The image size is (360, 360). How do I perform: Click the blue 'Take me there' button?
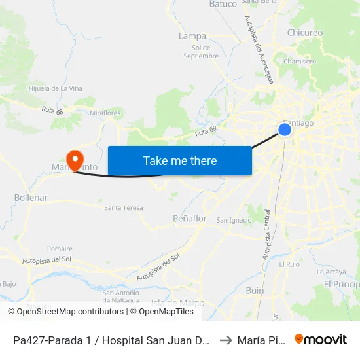coord(179,160)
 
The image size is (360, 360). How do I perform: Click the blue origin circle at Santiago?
coord(285,130)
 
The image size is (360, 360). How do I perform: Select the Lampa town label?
coord(192,36)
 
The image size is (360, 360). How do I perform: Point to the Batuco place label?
coord(223,4)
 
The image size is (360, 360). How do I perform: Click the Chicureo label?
coord(304,33)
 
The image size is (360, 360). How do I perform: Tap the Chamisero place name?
coord(300,62)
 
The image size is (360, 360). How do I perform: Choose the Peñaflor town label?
coord(189,218)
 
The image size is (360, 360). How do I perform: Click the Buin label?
coord(255,291)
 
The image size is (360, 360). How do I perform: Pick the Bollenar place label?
coord(31,197)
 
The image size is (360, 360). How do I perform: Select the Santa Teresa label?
coord(123,208)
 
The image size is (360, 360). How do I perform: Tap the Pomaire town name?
coord(60,249)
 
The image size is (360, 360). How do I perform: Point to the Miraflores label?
coord(105,113)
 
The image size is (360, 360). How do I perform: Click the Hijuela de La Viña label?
coord(55,88)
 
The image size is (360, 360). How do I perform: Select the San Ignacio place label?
coord(234,220)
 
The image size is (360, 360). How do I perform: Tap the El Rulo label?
coord(289,264)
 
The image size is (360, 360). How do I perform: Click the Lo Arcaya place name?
coord(331,272)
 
